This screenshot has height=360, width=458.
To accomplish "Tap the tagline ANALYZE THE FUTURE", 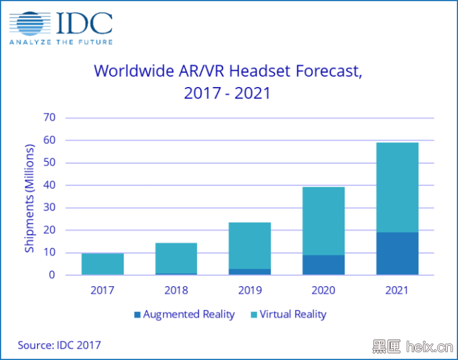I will [61, 42].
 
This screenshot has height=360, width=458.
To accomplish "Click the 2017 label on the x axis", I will [103, 290].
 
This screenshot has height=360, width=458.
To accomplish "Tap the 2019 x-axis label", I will [250, 290].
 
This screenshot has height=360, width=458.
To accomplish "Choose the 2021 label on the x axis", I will [397, 290].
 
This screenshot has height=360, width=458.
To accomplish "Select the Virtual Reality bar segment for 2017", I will [103, 264].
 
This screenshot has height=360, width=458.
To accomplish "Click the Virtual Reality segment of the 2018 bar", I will [176, 258].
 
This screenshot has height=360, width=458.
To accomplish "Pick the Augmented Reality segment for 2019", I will [250, 272].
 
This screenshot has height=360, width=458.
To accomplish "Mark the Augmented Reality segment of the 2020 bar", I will [323, 265].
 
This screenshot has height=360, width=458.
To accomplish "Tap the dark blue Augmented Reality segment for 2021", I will [397, 254].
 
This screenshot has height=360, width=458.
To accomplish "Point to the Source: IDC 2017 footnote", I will [59, 345].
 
